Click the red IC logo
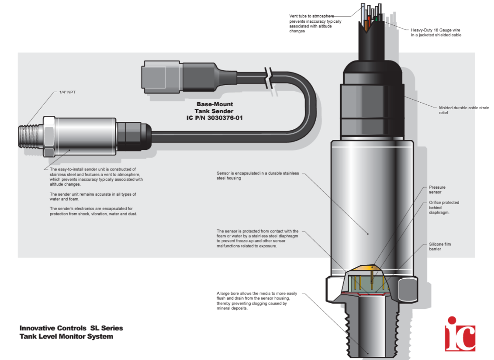[x=460, y=333]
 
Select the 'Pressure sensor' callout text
[x=437, y=190]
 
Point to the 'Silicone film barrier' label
[x=439, y=247]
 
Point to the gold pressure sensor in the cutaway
[x=368, y=268]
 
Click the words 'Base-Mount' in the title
[x=214, y=104]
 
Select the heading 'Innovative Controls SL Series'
[x=71, y=328]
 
